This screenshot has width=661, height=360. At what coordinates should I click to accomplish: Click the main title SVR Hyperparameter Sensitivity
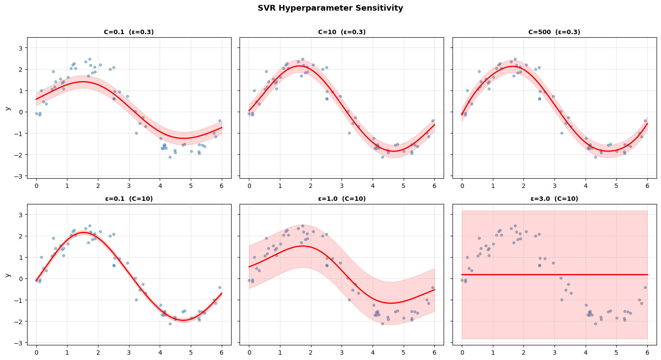click(330, 8)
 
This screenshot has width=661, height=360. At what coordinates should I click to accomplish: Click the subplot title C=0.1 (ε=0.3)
click(129, 32)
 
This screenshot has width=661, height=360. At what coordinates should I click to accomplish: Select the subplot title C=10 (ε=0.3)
click(342, 32)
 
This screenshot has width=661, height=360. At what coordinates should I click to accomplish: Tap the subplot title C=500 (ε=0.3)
click(554, 32)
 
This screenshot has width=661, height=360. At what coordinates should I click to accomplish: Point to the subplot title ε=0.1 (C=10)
click(129, 199)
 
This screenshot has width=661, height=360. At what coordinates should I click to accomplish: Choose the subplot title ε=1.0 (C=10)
click(342, 199)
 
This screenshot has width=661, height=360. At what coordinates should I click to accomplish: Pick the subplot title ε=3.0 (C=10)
click(554, 199)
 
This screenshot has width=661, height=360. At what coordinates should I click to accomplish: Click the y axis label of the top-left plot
click(7, 108)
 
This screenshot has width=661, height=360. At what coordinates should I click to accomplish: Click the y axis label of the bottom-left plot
click(7, 275)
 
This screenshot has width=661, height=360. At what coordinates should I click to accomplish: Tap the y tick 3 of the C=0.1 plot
click(20, 48)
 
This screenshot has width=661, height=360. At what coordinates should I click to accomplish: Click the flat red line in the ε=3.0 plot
click(555, 274)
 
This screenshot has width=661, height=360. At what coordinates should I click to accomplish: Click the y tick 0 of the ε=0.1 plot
click(20, 279)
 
